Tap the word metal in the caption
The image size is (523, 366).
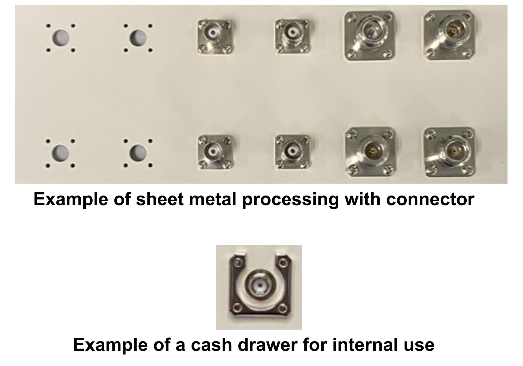point(213,199)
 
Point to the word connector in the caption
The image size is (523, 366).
point(430,200)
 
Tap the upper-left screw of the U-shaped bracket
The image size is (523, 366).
point(239,263)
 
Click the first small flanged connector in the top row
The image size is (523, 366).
point(215,36)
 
